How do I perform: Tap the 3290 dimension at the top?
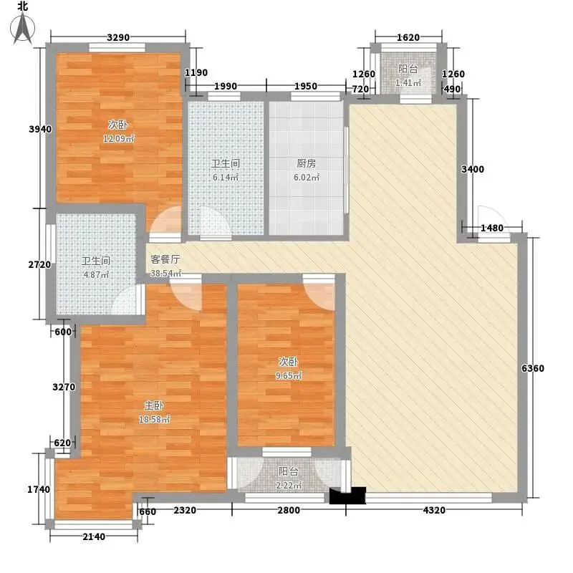pyautogui.click(x=118, y=37)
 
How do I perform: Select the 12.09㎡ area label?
pyautogui.click(x=118, y=139)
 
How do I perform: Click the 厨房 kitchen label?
pyautogui.click(x=307, y=163)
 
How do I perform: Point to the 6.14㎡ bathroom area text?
pyautogui.click(x=226, y=178)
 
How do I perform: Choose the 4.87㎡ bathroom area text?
pyautogui.click(x=96, y=274)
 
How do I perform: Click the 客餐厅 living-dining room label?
pyautogui.click(x=165, y=259)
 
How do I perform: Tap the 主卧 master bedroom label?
pyautogui.click(x=154, y=405)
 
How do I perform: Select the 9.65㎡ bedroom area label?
pyautogui.click(x=289, y=375)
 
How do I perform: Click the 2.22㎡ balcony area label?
pyautogui.click(x=289, y=486)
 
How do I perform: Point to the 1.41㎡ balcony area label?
pyautogui.click(x=408, y=83)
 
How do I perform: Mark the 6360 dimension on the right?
pyautogui.click(x=533, y=368)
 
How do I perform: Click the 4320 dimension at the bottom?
pyautogui.click(x=434, y=510)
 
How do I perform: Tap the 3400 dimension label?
pyautogui.click(x=473, y=169)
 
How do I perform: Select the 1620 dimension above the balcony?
pyautogui.click(x=408, y=37)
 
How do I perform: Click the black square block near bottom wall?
pyautogui.click(x=347, y=496)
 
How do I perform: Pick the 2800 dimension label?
pyautogui.click(x=289, y=510)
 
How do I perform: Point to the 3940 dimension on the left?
pyautogui.click(x=40, y=129)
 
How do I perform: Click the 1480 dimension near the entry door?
pyautogui.click(x=492, y=228)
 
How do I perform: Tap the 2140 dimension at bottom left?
pyautogui.click(x=94, y=536)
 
